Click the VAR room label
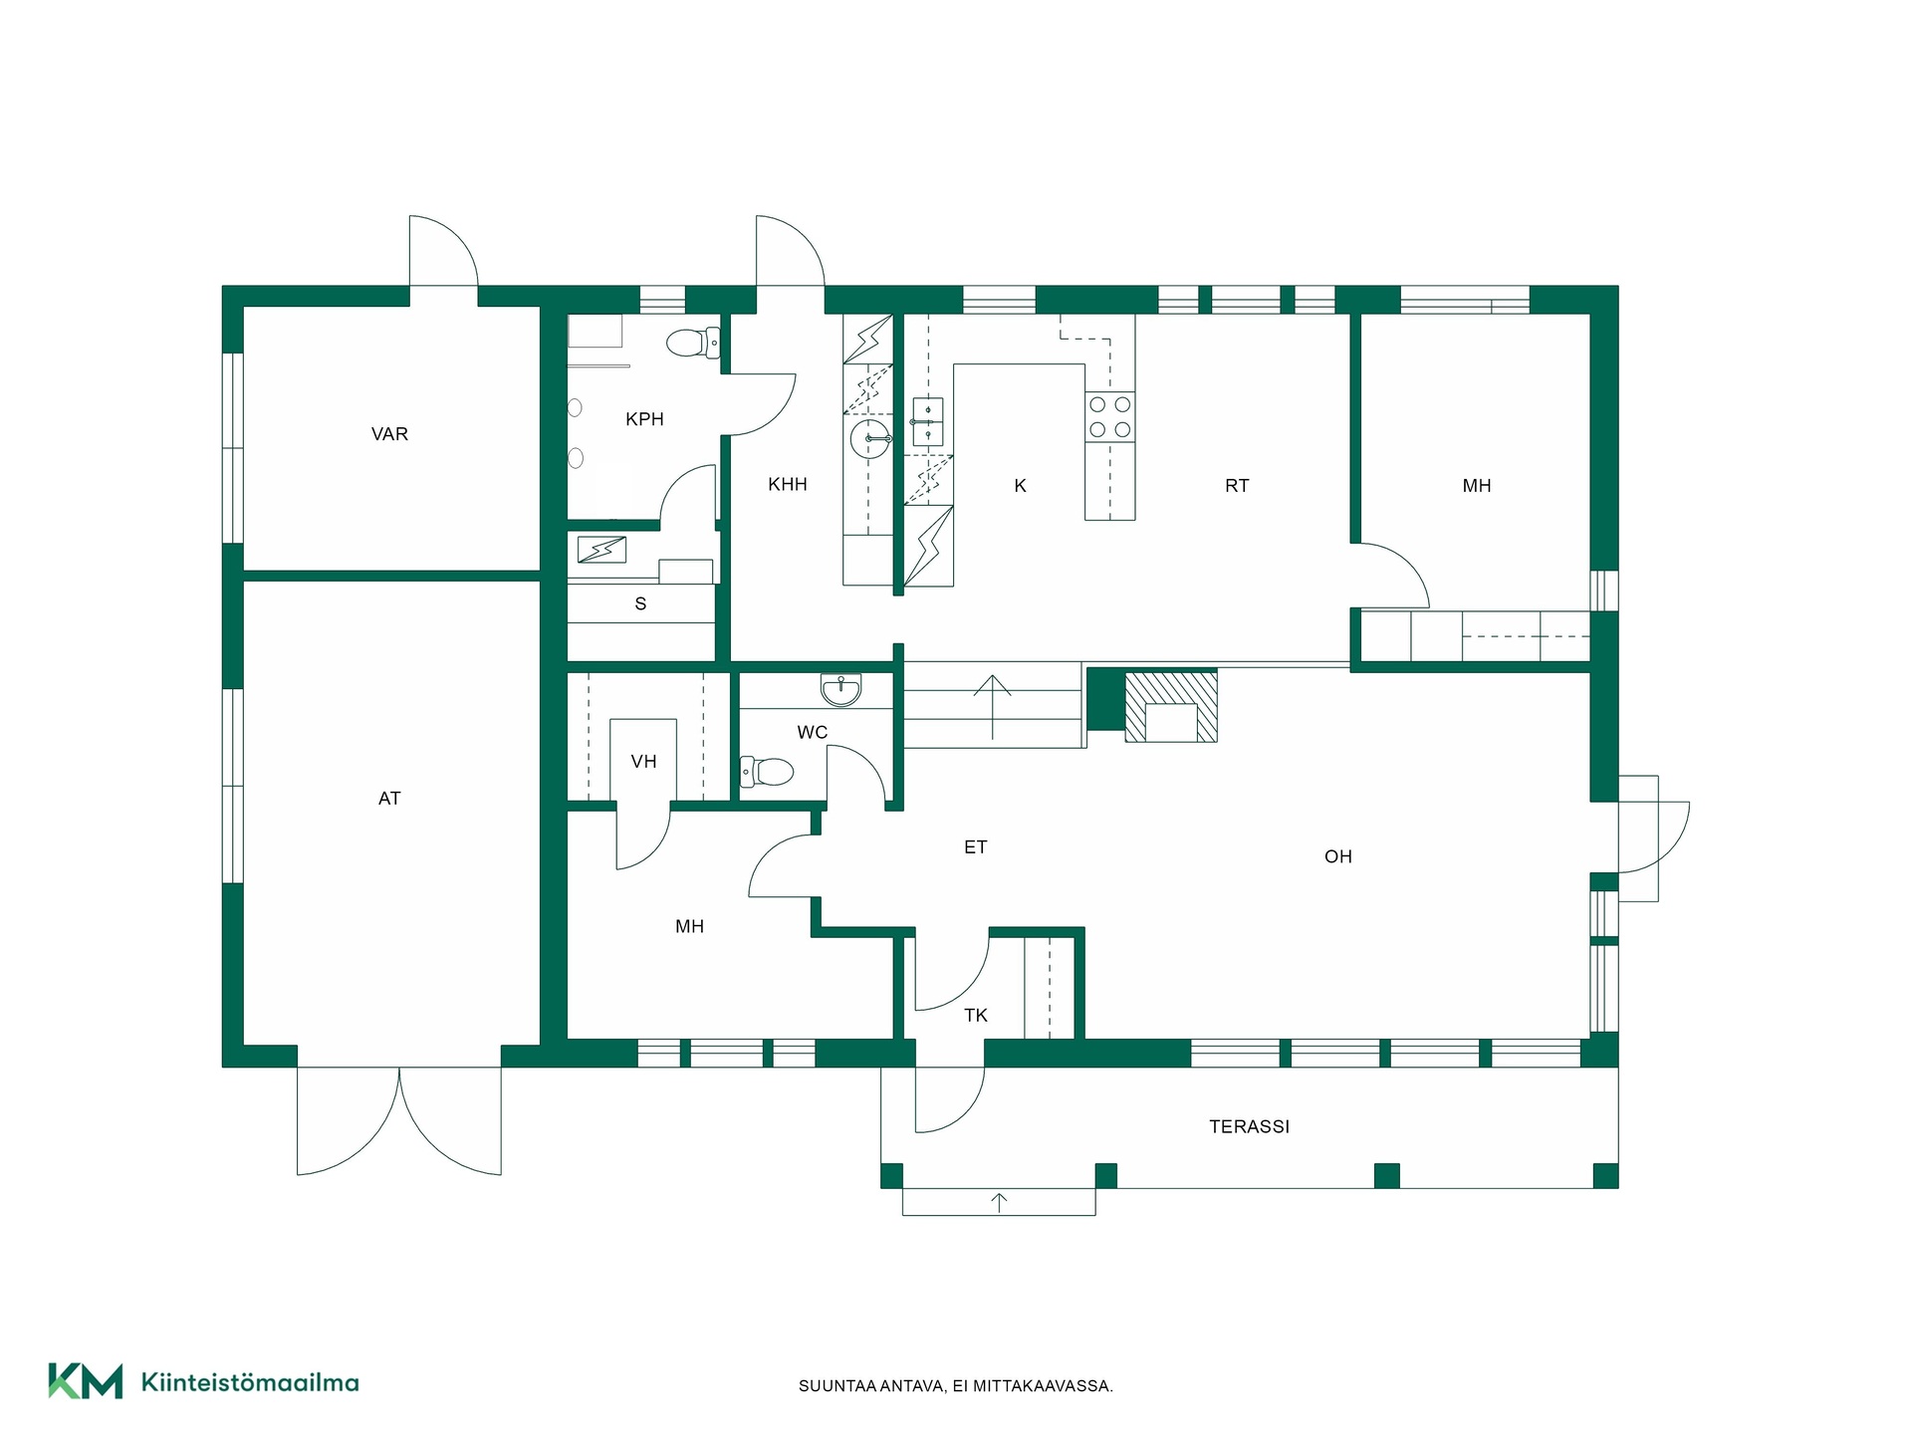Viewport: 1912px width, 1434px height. tap(389, 434)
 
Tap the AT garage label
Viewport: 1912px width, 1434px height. tap(389, 799)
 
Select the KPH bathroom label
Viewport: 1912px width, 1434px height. tap(644, 419)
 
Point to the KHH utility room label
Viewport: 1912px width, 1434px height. tap(787, 485)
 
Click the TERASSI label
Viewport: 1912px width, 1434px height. tap(1249, 1127)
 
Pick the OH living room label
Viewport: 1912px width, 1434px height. tap(1338, 856)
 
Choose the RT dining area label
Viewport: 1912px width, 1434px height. tap(1237, 486)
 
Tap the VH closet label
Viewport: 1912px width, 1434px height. tap(643, 762)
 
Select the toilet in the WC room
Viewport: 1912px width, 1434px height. tap(767, 771)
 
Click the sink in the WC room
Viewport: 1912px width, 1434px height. tap(842, 689)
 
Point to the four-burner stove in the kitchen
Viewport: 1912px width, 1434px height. tap(1109, 417)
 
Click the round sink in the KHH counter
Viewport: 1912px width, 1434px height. tap(870, 438)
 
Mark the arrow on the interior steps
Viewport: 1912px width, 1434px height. tap(993, 707)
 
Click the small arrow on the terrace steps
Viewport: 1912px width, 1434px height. tap(999, 1202)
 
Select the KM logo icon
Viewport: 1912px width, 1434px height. tap(86, 1381)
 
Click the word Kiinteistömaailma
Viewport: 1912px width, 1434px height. tap(250, 1382)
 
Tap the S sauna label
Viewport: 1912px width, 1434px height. tap(640, 603)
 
